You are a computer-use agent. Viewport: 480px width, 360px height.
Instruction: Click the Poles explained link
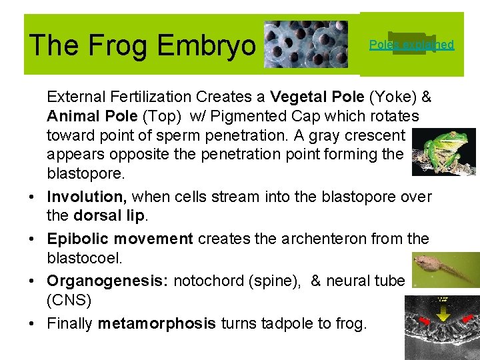pos(411,45)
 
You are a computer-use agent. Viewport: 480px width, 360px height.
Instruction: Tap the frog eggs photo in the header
pos(305,44)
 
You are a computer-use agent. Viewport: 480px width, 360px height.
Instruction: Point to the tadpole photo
pos(444,269)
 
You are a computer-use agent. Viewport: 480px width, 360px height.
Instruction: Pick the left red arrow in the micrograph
pos(421,323)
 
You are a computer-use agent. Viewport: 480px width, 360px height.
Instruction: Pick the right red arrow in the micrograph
pos(467,319)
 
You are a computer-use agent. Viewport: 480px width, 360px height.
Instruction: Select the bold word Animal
pos(70,117)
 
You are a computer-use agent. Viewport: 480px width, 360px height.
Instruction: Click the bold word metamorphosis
pos(157,324)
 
